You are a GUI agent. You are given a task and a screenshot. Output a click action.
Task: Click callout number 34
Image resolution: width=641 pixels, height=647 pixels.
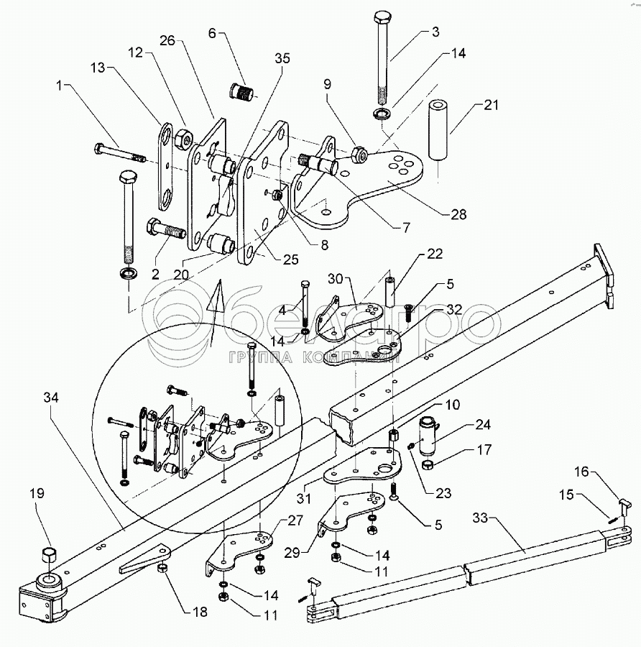(51, 398)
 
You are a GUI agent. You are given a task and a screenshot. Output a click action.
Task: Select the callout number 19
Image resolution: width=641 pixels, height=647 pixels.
(37, 493)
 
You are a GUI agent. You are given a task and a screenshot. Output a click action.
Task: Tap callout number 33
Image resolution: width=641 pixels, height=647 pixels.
(481, 518)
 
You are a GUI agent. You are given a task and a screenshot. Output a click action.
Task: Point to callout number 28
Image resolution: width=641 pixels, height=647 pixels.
(458, 214)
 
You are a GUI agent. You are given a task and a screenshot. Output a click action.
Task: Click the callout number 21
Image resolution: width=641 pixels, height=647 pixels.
(491, 105)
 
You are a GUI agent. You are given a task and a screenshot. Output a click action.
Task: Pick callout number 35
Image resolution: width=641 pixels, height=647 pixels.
(282, 59)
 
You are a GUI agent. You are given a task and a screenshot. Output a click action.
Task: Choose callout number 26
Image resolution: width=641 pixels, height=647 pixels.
(167, 40)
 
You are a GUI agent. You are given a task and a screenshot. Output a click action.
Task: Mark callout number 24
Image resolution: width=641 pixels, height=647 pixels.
(483, 425)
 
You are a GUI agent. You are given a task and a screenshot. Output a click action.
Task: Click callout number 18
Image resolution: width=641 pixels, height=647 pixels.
(200, 612)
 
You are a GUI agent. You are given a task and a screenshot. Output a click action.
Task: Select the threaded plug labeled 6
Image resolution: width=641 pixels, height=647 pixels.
(240, 91)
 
